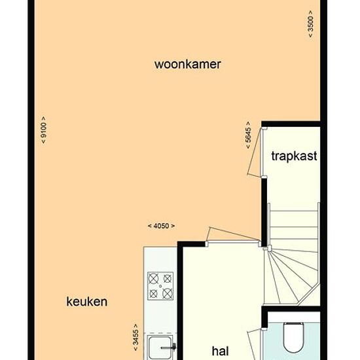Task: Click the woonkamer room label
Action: coord(188,64)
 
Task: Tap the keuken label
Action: coord(87,302)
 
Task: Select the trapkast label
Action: coord(294,156)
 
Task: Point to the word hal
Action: coord(220,351)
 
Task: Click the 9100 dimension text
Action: coord(43,130)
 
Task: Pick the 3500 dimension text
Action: coord(310,24)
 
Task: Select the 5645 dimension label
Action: coord(248,135)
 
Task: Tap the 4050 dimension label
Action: coord(161,226)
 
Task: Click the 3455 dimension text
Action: coord(136,337)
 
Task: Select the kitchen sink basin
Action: coord(160,348)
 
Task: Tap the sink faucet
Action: coord(169,347)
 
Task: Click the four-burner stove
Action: coord(160,286)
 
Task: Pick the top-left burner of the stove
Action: coord(153,279)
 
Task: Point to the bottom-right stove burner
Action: coord(168,293)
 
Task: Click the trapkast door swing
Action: coord(254,153)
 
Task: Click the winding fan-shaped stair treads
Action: coord(291,276)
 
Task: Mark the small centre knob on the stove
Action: coord(160,286)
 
